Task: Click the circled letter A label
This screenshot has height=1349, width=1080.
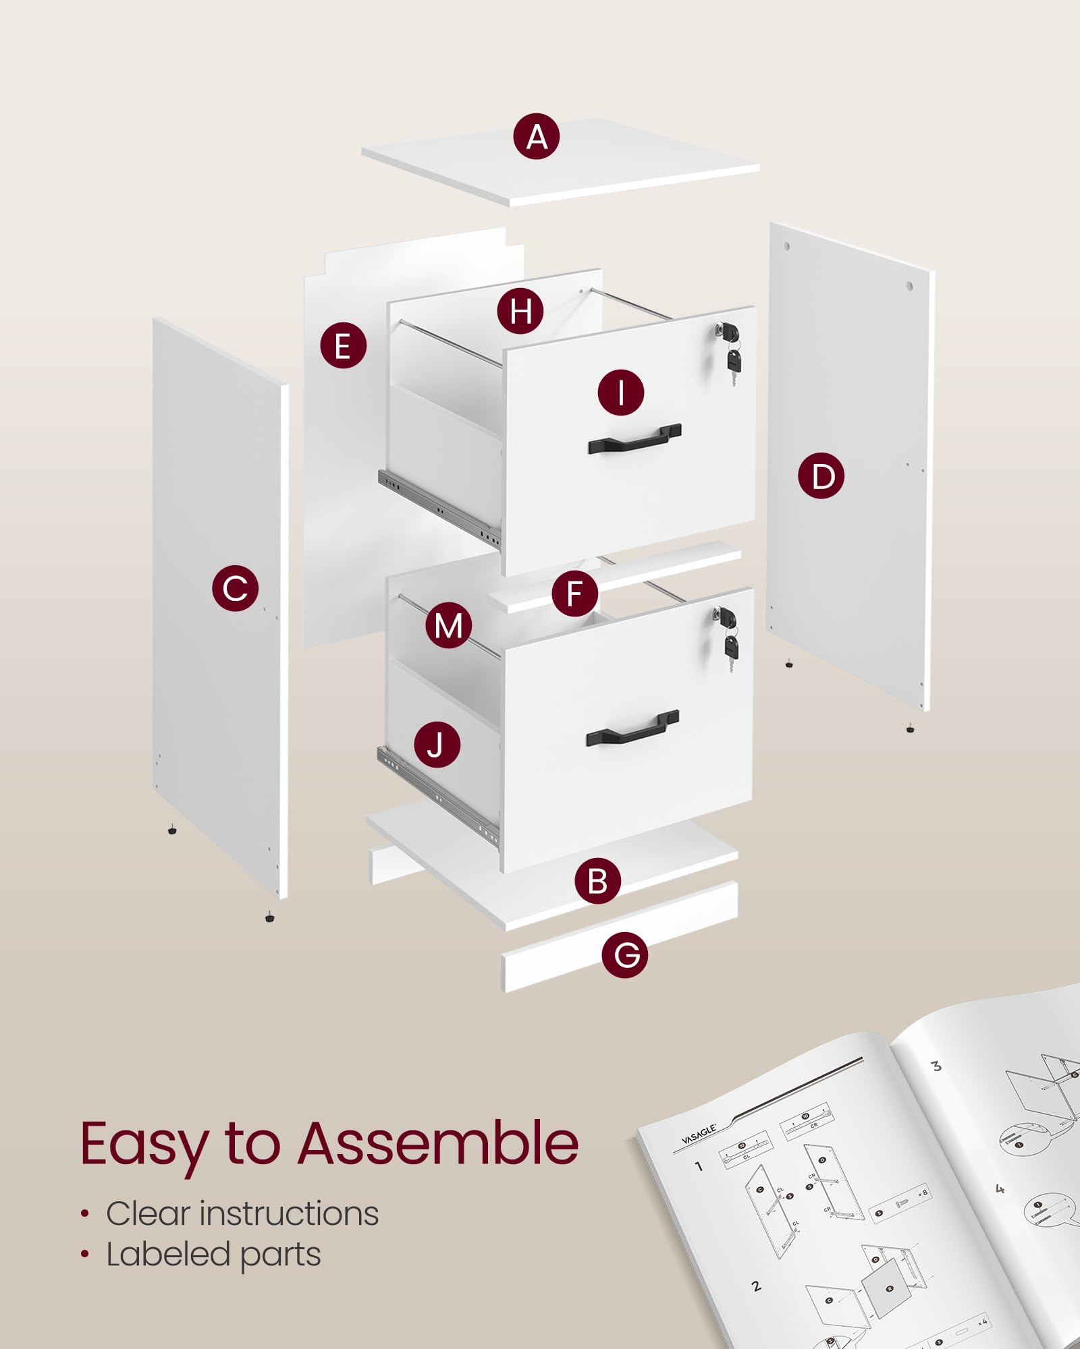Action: coord(536,137)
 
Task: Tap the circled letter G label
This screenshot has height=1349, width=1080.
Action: coord(625,954)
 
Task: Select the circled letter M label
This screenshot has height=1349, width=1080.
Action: coord(448,625)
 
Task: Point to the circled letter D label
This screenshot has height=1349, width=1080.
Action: coord(821,476)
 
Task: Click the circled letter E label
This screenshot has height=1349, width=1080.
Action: coord(343,345)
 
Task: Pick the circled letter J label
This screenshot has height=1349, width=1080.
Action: coord(437,745)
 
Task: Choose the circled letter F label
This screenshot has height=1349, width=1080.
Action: coord(574,594)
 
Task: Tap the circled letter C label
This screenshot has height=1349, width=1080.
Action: coord(235,588)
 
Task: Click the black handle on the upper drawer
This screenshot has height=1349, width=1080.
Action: coord(634,439)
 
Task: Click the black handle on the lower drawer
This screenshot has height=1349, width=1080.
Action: coord(632,727)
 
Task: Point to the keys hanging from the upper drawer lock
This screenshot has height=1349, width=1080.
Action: coord(733,364)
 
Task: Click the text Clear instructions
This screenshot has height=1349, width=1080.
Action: coord(242,1213)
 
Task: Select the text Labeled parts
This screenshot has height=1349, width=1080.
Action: coord(213,1255)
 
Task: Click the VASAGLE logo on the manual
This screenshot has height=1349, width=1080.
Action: coord(698,1135)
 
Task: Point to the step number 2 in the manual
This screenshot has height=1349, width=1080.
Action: coord(756,1287)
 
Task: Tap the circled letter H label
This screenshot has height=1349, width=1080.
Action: coord(520,311)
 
